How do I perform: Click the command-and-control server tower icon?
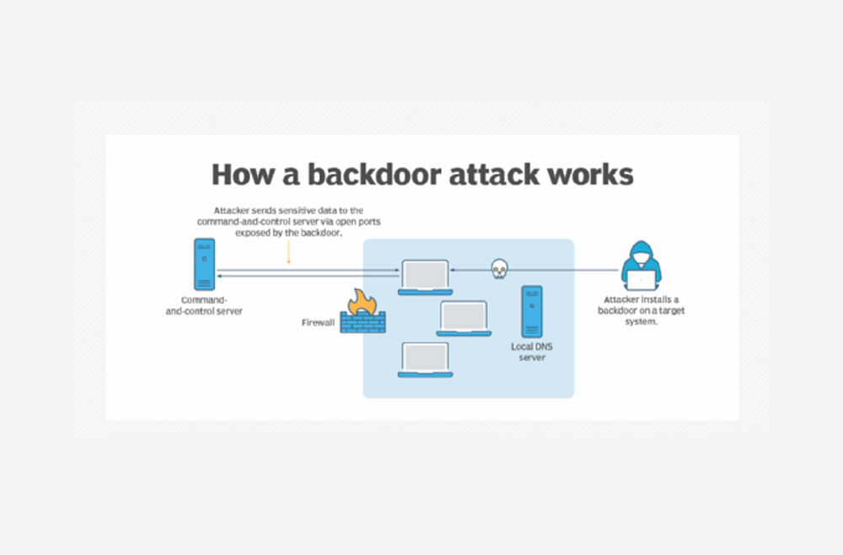point(204,264)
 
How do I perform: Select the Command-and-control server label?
point(204,305)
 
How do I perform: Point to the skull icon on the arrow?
point(498,269)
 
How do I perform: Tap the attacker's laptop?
point(642,280)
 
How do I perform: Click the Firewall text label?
point(319,323)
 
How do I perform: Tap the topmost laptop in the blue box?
point(425,277)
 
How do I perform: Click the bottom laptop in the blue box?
point(425,359)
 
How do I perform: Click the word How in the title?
point(238,175)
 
